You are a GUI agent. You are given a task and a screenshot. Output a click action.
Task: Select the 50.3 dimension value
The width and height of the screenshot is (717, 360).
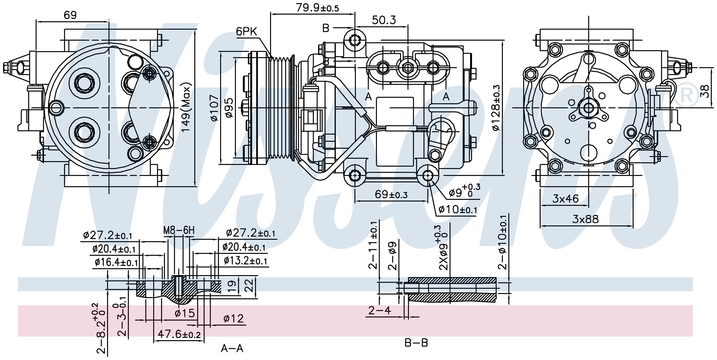[384, 20]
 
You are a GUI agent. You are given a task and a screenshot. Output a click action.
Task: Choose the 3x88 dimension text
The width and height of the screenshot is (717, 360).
[585, 219]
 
